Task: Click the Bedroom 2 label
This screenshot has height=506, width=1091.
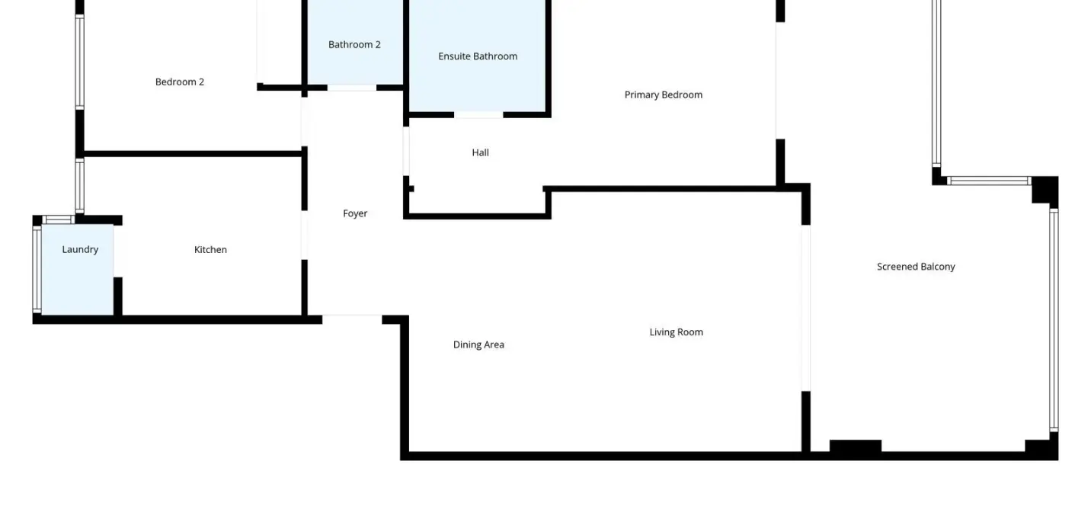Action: pos(179,82)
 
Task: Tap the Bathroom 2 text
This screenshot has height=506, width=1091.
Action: pos(354,45)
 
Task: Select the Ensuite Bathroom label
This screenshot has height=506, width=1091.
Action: pos(477,56)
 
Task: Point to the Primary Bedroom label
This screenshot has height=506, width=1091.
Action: pos(664,95)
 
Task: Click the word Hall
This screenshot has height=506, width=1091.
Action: pos(480,153)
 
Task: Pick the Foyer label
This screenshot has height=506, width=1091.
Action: pos(354,214)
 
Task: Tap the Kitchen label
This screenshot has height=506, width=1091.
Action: pos(210,250)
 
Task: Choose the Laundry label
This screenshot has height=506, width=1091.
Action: pos(80,250)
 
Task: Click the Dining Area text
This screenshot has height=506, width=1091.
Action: pos(478,344)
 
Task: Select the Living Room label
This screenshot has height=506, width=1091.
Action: pos(676,332)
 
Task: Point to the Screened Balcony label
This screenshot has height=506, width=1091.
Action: pos(916,267)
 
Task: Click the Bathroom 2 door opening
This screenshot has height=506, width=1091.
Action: pos(352,88)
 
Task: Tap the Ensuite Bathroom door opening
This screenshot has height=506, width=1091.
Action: pos(478,115)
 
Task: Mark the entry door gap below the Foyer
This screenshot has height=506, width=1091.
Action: pos(352,319)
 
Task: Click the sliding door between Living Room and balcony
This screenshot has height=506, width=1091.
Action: pos(806,308)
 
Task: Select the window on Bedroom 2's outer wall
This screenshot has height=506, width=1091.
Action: pos(79,62)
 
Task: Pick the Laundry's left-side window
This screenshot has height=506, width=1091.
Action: pos(37,269)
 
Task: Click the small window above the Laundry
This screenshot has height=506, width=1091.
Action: pos(59,220)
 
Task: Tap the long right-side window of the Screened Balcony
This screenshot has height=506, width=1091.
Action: pos(1054,320)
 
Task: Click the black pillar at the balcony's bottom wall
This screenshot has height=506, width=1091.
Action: pos(856,446)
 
